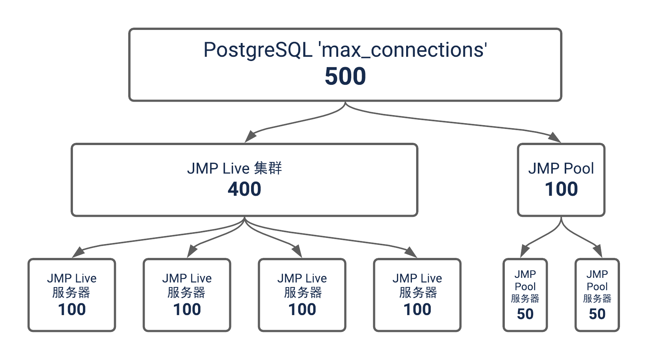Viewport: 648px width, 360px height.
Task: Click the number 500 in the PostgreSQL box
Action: tap(345, 76)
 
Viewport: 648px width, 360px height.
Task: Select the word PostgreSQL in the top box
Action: tap(258, 50)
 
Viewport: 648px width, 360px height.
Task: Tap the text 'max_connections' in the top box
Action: tap(403, 50)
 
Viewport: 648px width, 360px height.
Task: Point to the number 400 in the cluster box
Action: tap(245, 189)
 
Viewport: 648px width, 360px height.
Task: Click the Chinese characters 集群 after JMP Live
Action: tap(268, 168)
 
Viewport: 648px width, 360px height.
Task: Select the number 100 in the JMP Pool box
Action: tap(561, 189)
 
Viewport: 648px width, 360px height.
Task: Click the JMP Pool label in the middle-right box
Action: tap(561, 168)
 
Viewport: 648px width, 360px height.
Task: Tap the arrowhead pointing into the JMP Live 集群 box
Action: tap(250, 136)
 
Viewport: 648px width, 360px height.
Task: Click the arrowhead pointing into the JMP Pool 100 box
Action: tap(555, 137)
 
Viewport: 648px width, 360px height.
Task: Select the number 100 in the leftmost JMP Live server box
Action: tap(72, 309)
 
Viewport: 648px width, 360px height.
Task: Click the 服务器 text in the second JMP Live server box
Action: tap(187, 293)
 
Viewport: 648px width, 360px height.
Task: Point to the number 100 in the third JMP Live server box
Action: tap(302, 309)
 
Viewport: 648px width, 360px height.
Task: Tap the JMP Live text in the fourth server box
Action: tap(417, 278)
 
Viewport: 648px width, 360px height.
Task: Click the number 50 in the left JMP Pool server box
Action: tap(525, 314)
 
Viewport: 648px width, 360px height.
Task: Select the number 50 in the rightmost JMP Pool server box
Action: tap(597, 314)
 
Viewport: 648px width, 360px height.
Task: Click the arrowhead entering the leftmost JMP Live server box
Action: tap(78, 252)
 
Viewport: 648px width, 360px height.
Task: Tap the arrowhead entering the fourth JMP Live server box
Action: tap(411, 252)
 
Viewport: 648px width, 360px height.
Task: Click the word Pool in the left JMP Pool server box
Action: tap(525, 286)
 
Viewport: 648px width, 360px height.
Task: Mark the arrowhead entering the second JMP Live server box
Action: tap(192, 251)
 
